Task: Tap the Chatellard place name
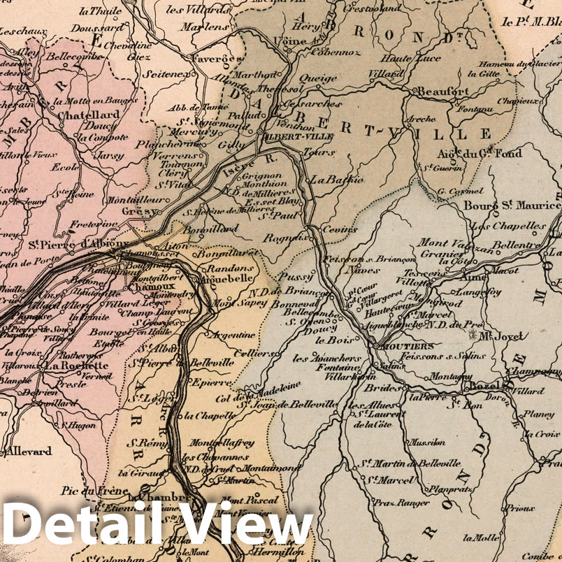(88, 115)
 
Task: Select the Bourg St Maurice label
(512, 206)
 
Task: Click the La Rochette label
(76, 365)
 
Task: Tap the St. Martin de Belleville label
(410, 463)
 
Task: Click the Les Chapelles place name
(508, 226)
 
